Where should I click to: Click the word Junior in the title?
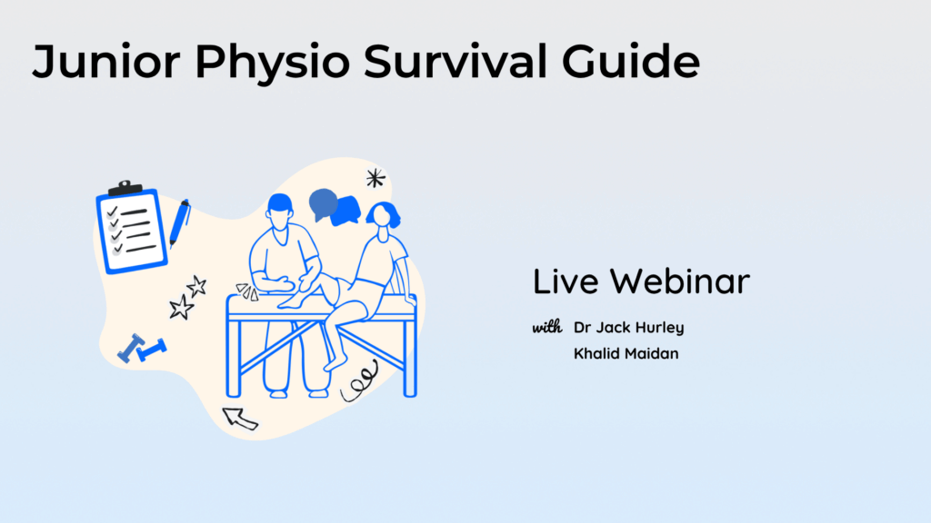click(x=106, y=62)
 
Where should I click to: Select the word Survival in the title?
click(x=455, y=61)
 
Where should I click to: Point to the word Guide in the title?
click(x=631, y=61)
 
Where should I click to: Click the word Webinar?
click(x=680, y=281)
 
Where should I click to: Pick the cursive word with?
click(x=546, y=327)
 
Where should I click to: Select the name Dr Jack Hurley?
click(x=629, y=328)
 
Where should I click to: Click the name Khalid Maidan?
click(x=626, y=353)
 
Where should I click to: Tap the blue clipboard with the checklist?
click(x=131, y=228)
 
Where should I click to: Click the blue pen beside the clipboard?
click(x=179, y=223)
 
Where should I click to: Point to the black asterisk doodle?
click(x=375, y=178)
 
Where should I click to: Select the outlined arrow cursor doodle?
click(x=240, y=418)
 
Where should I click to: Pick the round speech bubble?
click(x=324, y=204)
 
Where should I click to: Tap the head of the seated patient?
click(x=383, y=215)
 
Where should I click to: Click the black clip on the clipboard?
click(x=125, y=188)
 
